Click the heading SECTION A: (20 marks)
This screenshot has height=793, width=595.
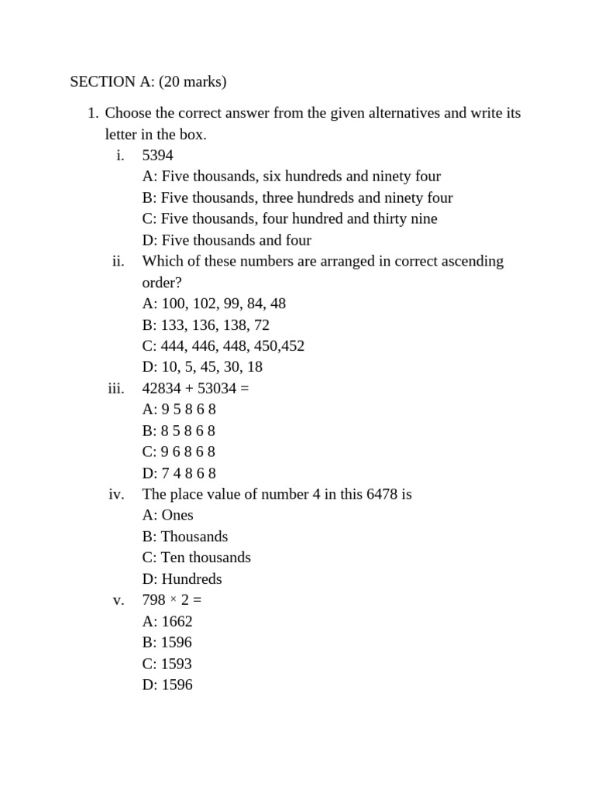(x=148, y=81)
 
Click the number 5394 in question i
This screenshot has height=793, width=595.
(x=157, y=155)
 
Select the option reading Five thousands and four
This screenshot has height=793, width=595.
(x=227, y=240)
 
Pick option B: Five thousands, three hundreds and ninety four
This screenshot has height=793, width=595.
(x=297, y=197)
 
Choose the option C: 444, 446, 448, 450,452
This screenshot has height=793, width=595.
(x=223, y=345)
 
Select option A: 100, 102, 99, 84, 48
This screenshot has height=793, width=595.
(x=214, y=304)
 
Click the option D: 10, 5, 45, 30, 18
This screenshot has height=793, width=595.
(x=202, y=367)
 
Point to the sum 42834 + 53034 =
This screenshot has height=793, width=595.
(x=195, y=388)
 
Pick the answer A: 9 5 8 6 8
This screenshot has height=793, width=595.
(x=179, y=410)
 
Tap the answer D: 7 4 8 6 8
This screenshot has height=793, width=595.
(x=179, y=473)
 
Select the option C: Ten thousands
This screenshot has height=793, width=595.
(x=197, y=558)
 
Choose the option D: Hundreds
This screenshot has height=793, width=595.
(x=182, y=579)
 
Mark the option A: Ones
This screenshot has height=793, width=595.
(x=168, y=515)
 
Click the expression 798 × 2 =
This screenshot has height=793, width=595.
(x=172, y=600)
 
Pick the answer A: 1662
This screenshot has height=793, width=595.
(x=167, y=621)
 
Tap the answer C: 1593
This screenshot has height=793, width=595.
(x=167, y=664)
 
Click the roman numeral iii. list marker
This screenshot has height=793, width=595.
(x=116, y=388)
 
